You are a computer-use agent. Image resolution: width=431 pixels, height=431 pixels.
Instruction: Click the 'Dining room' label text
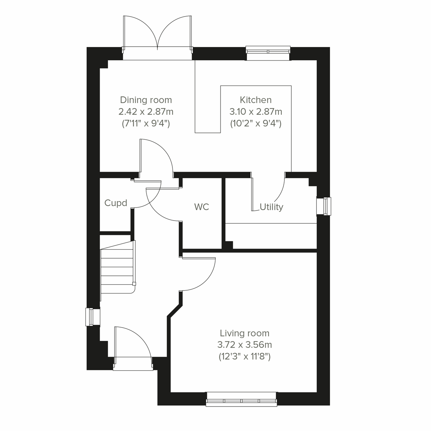pos(146,100)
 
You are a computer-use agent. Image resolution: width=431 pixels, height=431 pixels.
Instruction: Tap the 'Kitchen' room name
pos(256,100)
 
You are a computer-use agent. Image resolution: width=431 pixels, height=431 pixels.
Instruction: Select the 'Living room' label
pos(245,333)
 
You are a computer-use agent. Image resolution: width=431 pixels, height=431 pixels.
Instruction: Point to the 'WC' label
pos(201,207)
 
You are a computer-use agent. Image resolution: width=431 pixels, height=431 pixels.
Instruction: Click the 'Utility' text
pos(272,207)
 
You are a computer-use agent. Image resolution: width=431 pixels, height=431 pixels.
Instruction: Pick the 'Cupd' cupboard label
pos(116,203)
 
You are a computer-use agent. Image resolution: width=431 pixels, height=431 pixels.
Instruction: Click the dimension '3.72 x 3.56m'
pos(245,345)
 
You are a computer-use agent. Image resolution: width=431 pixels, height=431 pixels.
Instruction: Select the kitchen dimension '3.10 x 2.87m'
pos(256,112)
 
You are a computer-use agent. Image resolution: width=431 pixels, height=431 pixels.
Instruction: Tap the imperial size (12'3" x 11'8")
pos(245,357)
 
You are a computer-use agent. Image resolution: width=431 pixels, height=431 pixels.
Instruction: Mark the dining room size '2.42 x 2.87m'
pos(146,112)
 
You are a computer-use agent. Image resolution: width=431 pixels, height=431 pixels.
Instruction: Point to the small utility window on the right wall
pos(324,207)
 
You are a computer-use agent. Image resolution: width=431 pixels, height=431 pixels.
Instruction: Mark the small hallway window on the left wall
pos(92,317)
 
